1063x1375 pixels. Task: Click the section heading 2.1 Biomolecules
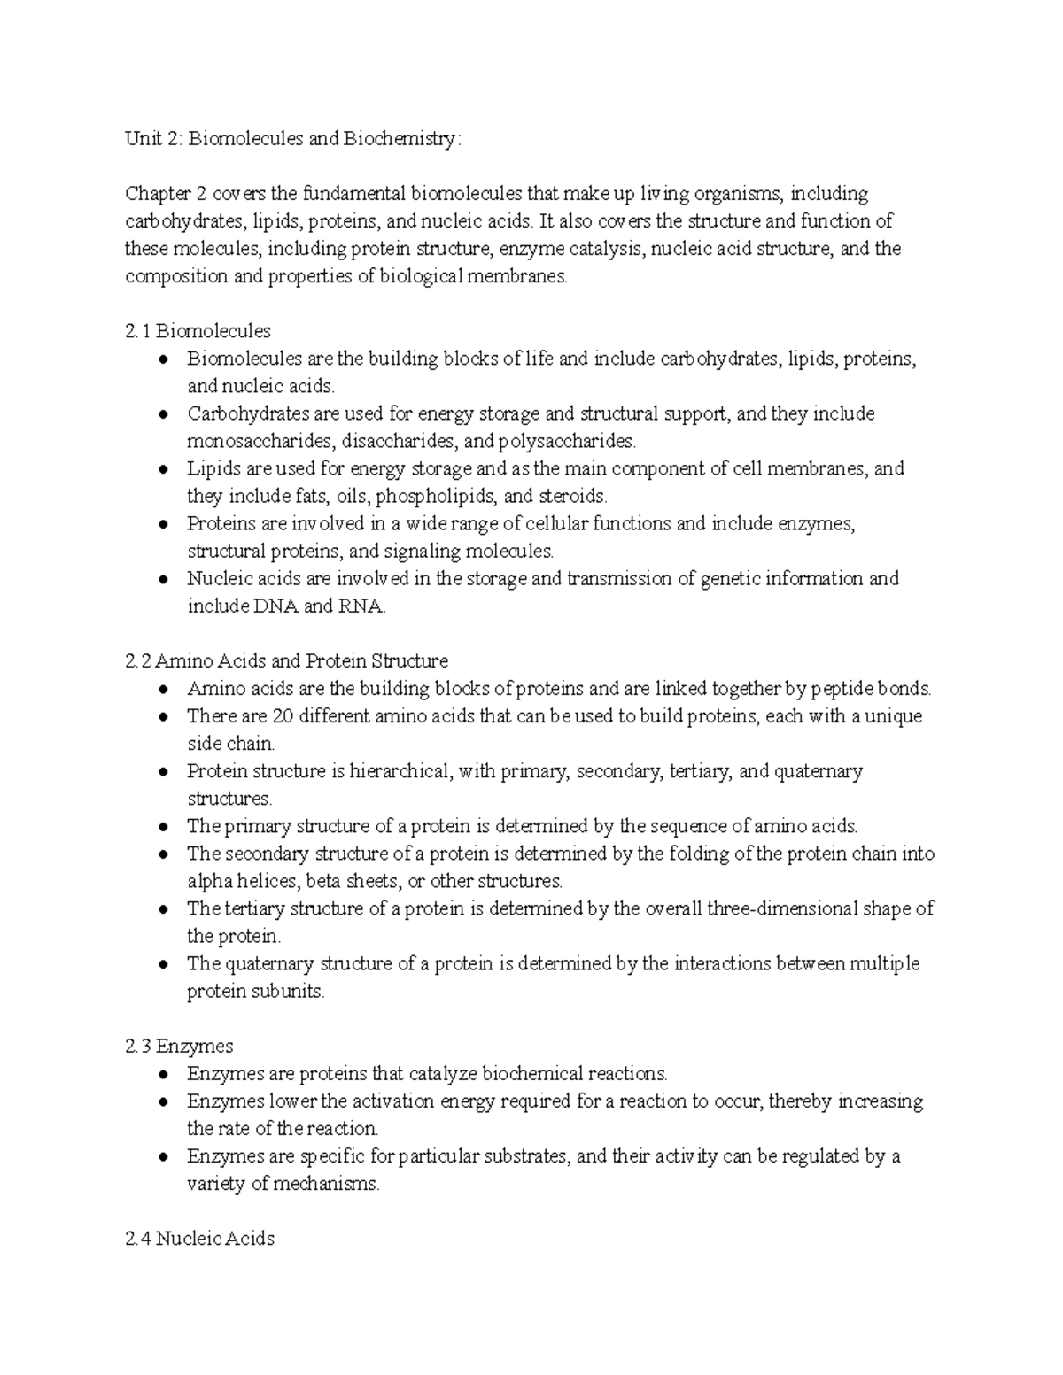pyautogui.click(x=198, y=331)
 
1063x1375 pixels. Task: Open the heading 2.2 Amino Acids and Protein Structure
pyautogui.click(x=287, y=661)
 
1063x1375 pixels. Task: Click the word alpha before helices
pyautogui.click(x=206, y=881)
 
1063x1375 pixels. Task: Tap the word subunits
pyautogui.click(x=289, y=991)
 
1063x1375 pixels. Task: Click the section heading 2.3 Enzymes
pyautogui.click(x=180, y=1046)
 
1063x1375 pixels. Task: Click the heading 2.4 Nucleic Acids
pyautogui.click(x=200, y=1239)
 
